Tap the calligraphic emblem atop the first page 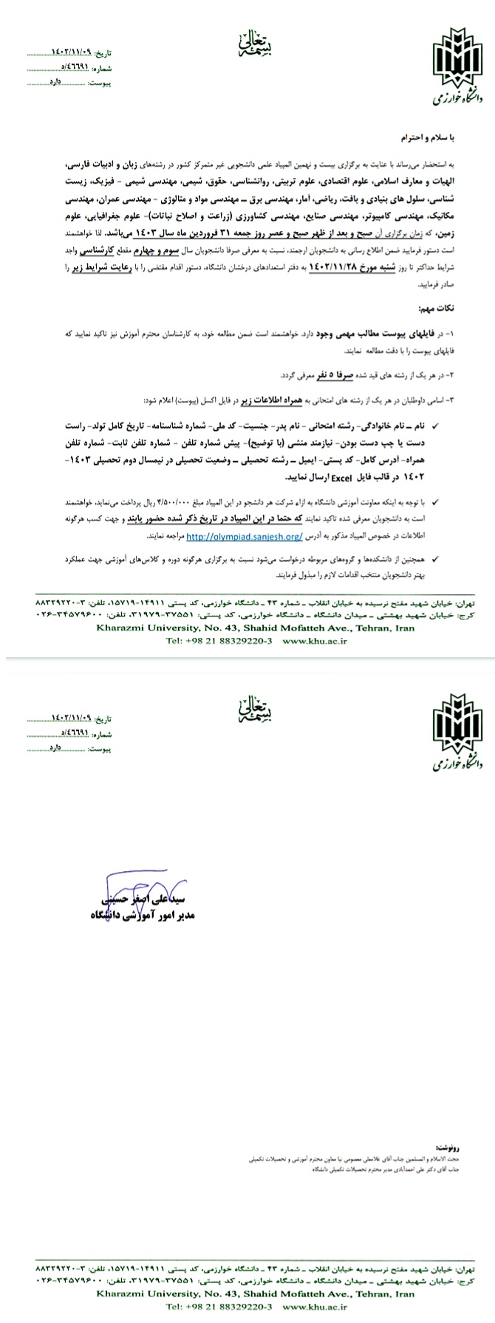(x=248, y=45)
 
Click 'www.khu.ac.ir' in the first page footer (x=314, y=642)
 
